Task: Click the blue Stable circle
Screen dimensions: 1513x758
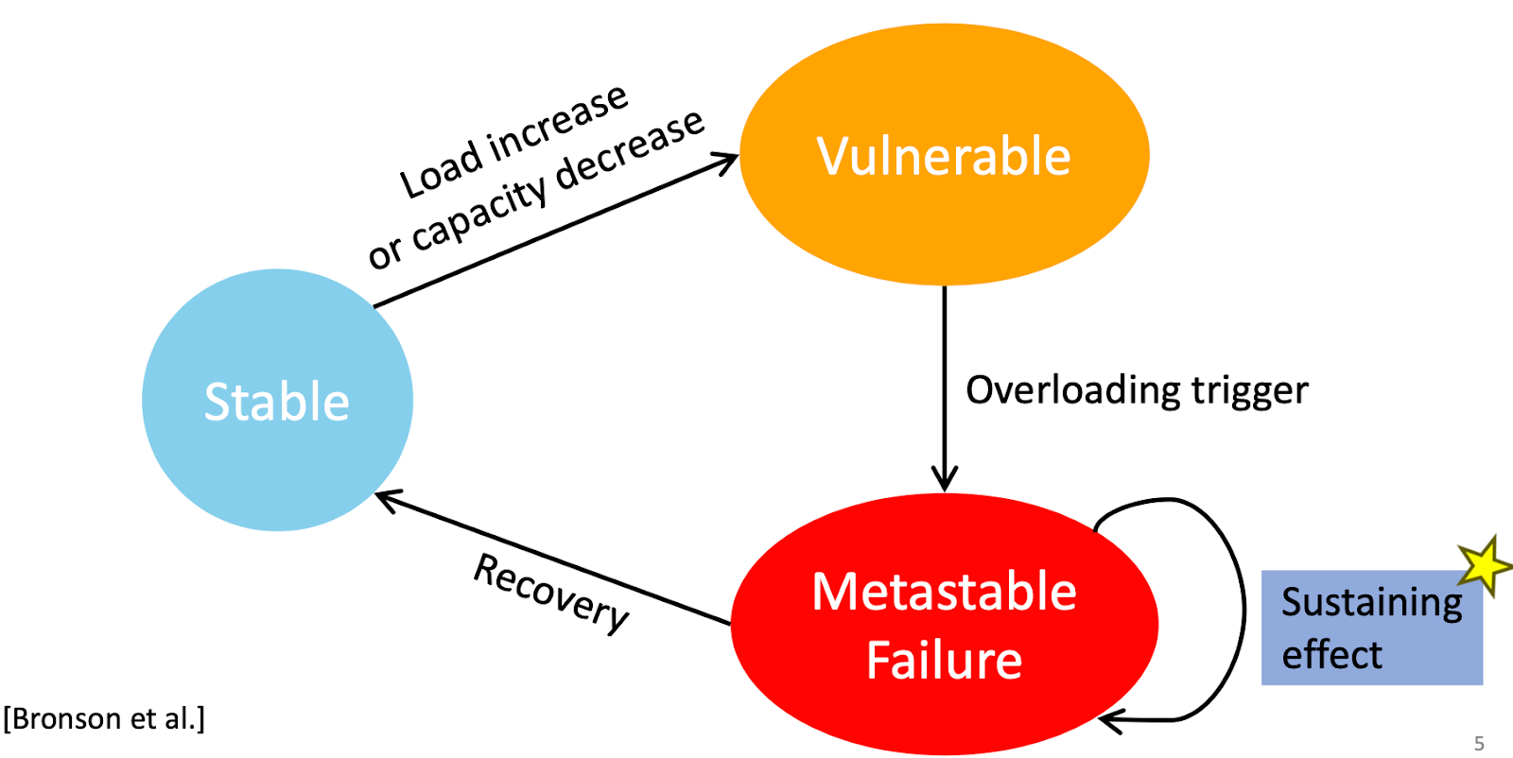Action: (278, 400)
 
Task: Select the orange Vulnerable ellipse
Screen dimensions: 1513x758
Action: (945, 155)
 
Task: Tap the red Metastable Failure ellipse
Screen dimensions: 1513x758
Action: (945, 625)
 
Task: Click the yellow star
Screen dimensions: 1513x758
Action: (1485, 565)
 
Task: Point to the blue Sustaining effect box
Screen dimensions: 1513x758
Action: (1372, 628)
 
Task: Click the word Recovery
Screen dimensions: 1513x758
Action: (551, 594)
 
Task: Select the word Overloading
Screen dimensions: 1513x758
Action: (1072, 391)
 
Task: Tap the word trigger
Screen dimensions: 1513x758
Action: (1249, 391)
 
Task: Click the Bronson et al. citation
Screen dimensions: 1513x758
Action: (104, 719)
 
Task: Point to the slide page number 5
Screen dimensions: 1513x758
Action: (1479, 744)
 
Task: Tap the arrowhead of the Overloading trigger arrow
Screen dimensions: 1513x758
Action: (945, 479)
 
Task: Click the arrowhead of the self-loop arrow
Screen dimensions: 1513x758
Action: (1111, 721)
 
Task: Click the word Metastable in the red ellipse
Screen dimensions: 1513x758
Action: (945, 592)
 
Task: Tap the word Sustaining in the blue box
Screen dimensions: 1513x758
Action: (1372, 603)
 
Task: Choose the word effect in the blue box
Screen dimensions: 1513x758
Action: (1332, 655)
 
